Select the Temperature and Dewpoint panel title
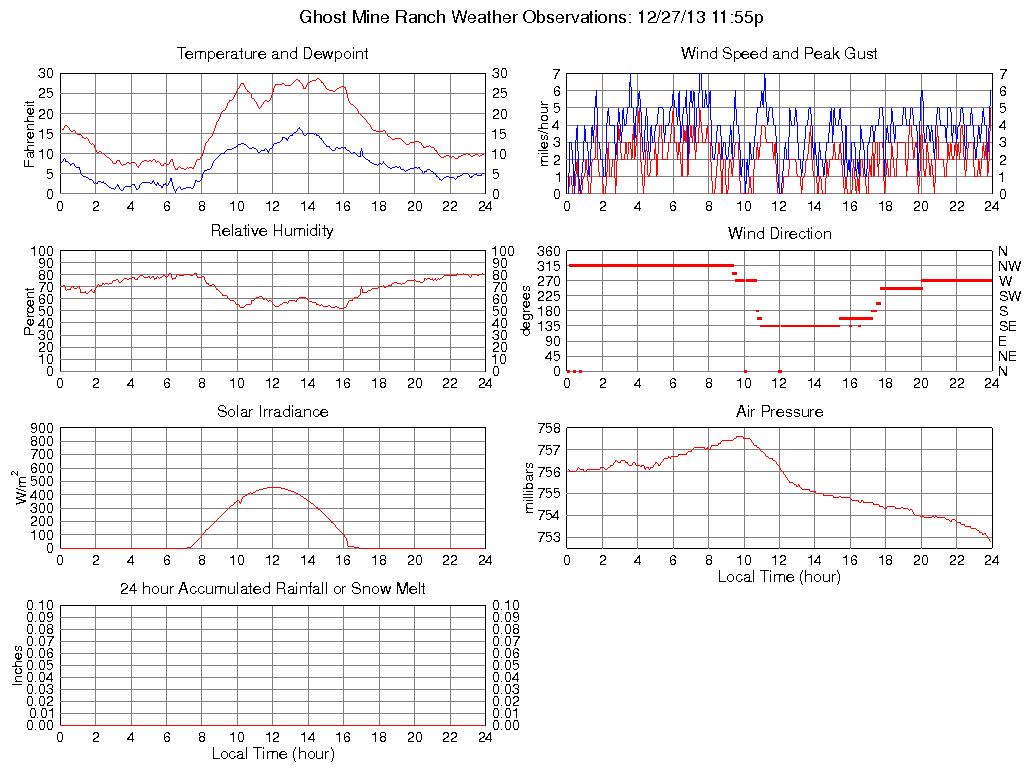[x=272, y=53]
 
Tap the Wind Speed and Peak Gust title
[x=779, y=53]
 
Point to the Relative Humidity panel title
[x=272, y=231]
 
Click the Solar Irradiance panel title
[x=272, y=411]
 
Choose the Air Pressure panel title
[x=779, y=411]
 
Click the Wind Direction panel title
[x=779, y=233]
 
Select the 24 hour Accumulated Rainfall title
[x=272, y=589]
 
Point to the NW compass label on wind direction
[x=1008, y=266]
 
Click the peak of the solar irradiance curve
[x=273, y=487]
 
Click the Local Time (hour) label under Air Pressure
[x=779, y=577]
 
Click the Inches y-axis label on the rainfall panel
[x=17, y=665]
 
